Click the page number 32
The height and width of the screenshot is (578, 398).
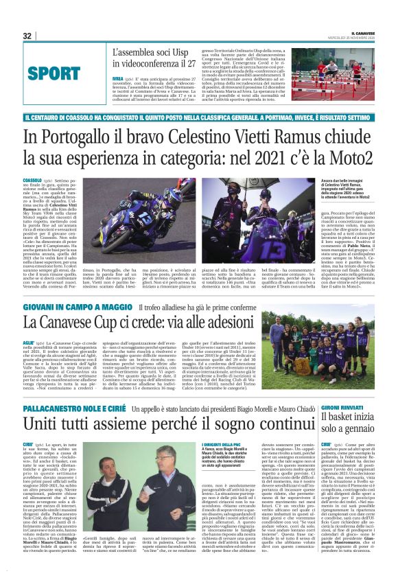point(27,36)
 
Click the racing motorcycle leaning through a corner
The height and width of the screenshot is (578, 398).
point(121,220)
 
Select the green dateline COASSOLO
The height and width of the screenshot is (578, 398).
point(32,179)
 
